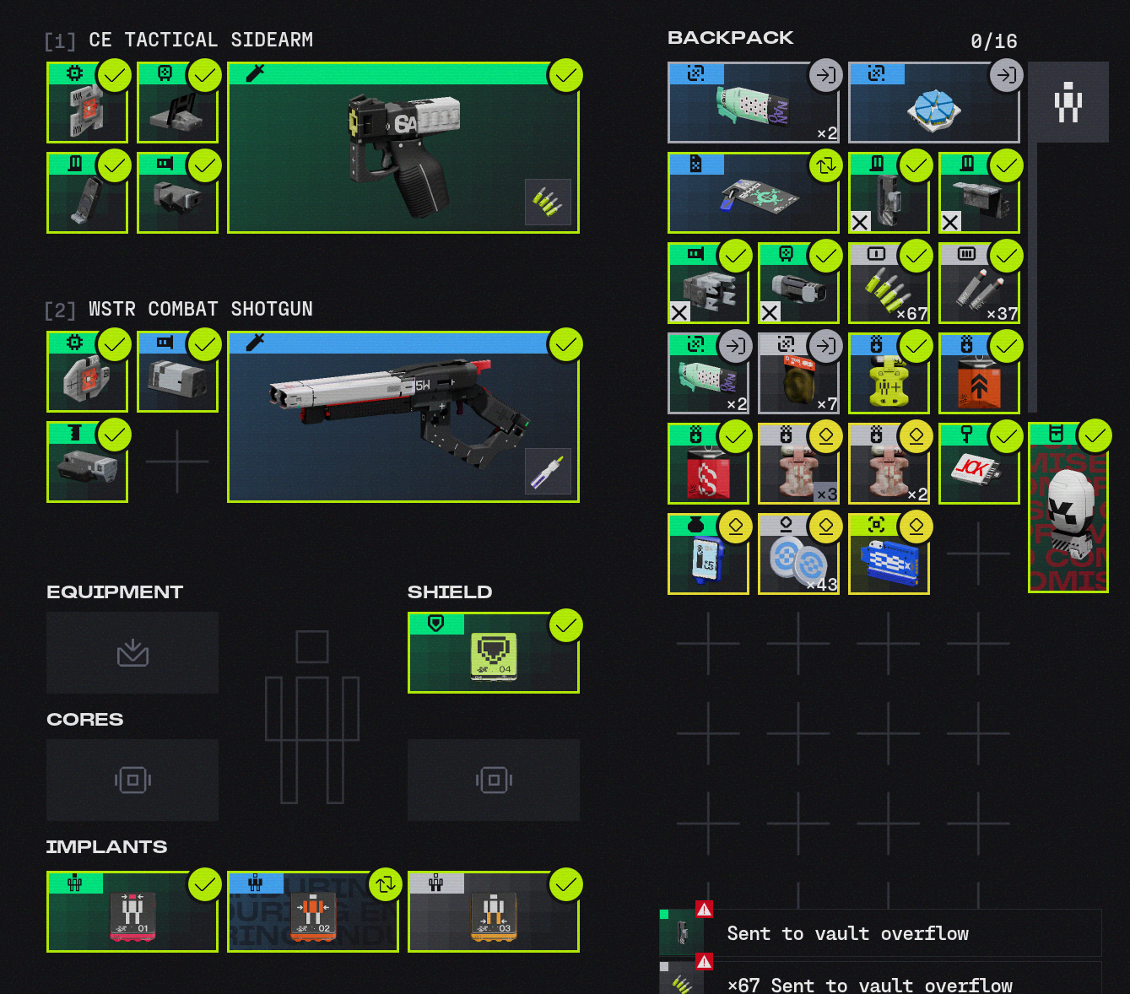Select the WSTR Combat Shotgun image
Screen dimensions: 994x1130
pos(397,413)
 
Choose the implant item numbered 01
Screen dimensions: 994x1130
pos(132,916)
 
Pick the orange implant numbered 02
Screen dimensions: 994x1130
pos(313,916)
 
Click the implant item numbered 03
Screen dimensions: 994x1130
pos(494,916)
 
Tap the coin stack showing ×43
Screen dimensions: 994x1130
pos(797,560)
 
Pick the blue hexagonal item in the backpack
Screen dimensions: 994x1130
pos(933,110)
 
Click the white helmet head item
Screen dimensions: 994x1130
pos(1068,511)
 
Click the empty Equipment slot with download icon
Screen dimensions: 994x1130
pos(132,652)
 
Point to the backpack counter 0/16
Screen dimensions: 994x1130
pos(993,41)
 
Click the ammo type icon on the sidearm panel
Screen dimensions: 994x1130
pos(548,202)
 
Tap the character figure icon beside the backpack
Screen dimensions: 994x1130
pos(1068,102)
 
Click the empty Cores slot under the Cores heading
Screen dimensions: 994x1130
pos(132,780)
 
